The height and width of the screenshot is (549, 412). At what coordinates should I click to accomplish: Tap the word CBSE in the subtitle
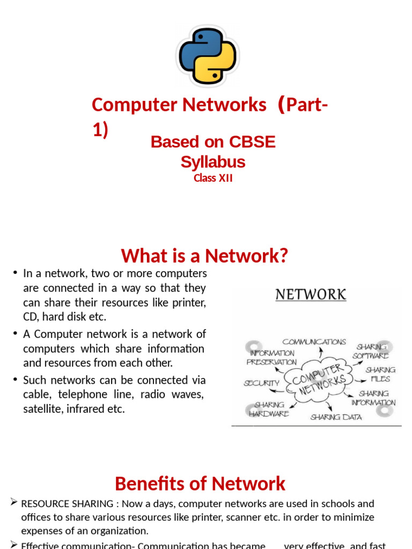252,142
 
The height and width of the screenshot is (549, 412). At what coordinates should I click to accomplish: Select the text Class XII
213,179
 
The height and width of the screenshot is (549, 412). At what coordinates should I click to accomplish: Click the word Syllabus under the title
213,161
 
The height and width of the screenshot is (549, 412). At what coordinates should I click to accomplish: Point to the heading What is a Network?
204,256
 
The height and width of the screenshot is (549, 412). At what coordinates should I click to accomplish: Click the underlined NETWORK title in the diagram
311,294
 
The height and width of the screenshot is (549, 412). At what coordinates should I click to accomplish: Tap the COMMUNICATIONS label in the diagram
314,342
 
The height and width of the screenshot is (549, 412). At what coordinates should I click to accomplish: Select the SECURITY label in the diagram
261,383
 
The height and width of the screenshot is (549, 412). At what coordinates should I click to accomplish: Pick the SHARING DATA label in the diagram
336,417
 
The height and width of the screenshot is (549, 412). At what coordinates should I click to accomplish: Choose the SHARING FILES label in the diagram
380,374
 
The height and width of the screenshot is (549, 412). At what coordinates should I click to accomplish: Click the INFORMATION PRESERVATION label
271,358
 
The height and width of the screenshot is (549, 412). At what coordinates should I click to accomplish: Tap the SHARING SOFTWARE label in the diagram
371,351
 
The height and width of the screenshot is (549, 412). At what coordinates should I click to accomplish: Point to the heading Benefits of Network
200,484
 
